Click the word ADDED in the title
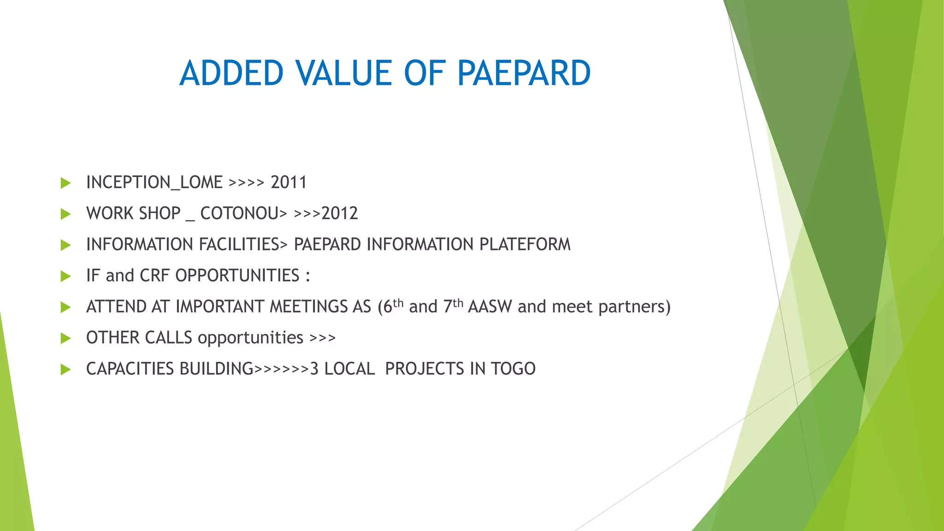click(x=231, y=73)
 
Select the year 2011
click(x=289, y=183)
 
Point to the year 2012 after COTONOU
click(x=340, y=213)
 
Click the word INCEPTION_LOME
click(x=154, y=183)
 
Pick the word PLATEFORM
click(x=525, y=244)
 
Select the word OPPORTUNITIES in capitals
click(x=237, y=276)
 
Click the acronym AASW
click(x=490, y=307)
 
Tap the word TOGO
click(x=513, y=369)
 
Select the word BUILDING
click(x=217, y=369)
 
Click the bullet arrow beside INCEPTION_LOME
click(x=65, y=183)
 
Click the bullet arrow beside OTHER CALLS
click(x=65, y=338)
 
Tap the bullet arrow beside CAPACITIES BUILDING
click(x=65, y=369)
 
